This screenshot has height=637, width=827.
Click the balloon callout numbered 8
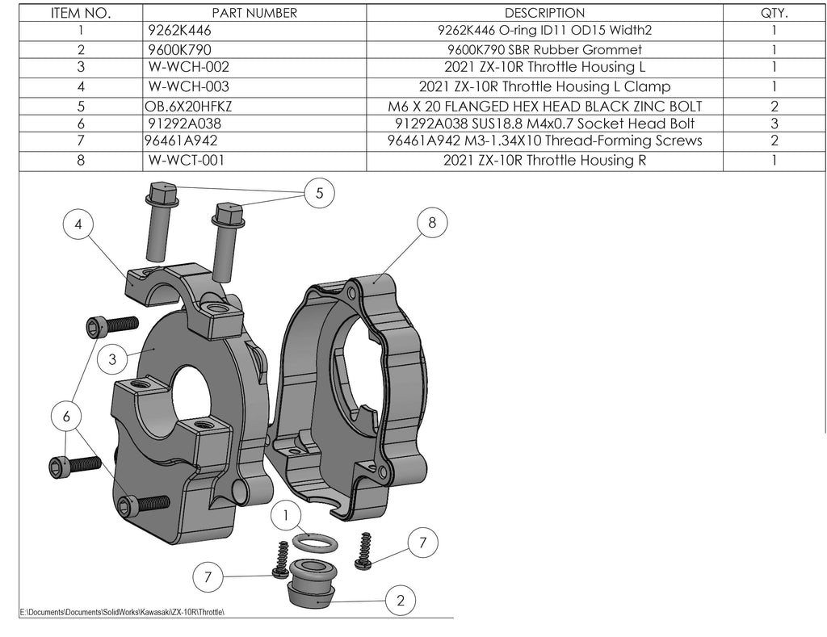(x=432, y=224)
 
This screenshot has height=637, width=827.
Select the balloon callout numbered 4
(x=78, y=225)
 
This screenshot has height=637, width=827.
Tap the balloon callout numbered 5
(x=320, y=193)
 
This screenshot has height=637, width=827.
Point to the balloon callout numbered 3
(x=112, y=359)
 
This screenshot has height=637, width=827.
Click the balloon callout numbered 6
(x=66, y=416)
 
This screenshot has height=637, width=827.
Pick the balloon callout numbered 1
(x=287, y=514)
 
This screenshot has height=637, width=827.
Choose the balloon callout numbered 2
(x=401, y=600)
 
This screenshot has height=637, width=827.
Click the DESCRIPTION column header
(x=544, y=13)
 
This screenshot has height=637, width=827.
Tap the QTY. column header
(x=774, y=13)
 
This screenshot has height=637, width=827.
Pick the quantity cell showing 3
(x=774, y=124)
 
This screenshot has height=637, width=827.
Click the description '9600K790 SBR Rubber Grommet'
(x=544, y=49)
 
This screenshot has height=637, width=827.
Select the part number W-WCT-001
(x=186, y=160)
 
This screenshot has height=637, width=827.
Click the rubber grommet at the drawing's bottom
(x=311, y=583)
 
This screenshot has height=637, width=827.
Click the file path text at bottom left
(x=121, y=612)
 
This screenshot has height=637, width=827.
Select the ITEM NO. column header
(x=81, y=13)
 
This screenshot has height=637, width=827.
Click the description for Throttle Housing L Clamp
(x=544, y=86)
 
